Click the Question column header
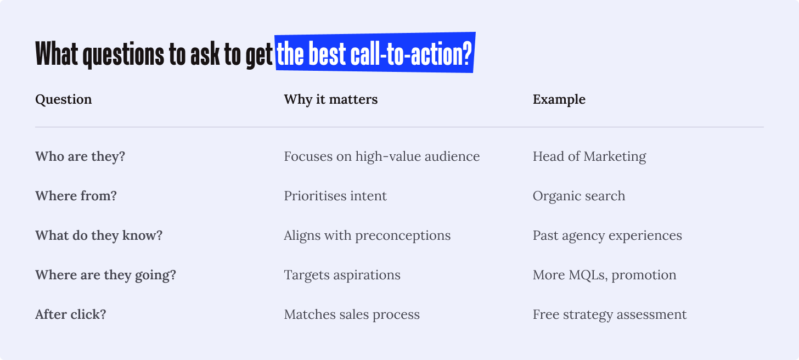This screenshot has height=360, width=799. click(64, 99)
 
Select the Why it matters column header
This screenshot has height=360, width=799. click(331, 99)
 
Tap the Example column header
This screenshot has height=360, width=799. click(559, 99)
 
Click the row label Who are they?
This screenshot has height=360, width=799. click(80, 156)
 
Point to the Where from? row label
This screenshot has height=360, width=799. click(76, 196)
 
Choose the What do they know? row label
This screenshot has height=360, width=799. click(99, 235)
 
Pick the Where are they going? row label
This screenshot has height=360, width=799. click(105, 275)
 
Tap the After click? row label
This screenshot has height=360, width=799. click(71, 314)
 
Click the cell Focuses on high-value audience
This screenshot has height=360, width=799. click(382, 156)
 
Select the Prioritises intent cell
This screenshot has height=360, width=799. click(335, 196)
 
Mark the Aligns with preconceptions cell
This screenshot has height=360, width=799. click(368, 235)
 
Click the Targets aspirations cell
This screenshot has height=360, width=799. click(342, 275)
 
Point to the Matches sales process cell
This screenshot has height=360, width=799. click(352, 314)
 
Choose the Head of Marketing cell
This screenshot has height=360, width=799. click(589, 156)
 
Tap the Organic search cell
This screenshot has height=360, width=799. click(579, 196)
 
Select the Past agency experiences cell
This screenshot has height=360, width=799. click(607, 235)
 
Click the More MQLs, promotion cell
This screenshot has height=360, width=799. click(605, 275)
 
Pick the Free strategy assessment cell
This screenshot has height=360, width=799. click(610, 314)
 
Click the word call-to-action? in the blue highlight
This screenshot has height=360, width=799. click(411, 53)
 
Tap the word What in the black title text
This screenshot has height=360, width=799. click(57, 54)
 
